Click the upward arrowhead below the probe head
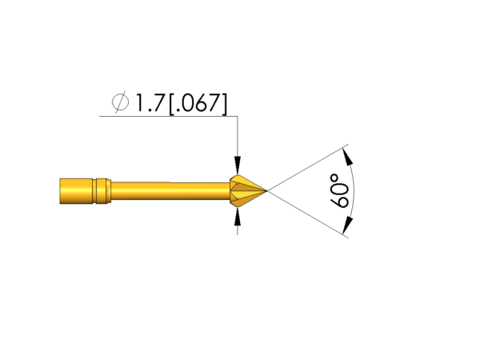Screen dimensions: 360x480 tap(237, 218)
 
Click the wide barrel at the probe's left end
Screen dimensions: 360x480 tap(76, 192)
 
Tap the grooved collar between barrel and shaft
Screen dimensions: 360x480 tap(102, 192)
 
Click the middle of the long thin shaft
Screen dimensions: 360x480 tap(168, 192)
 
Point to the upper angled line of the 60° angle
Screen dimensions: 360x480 tap(308, 169)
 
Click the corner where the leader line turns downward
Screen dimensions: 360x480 tap(237, 117)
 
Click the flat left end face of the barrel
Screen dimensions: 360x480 tap(60, 192)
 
